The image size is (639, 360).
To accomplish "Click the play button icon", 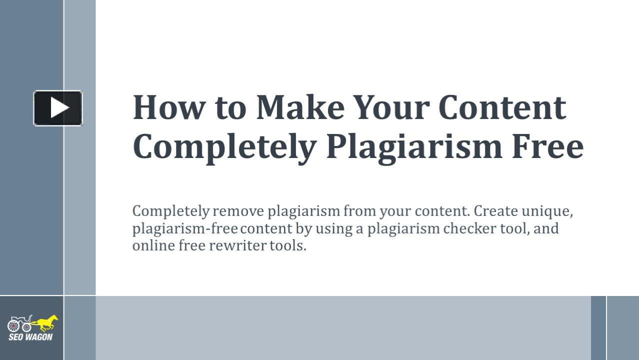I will pos(58,108).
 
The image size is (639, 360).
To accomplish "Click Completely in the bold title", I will pos(224,147).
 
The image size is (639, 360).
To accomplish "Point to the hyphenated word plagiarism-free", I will pos(184,229).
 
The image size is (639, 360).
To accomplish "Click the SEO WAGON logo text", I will pos(30,337).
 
